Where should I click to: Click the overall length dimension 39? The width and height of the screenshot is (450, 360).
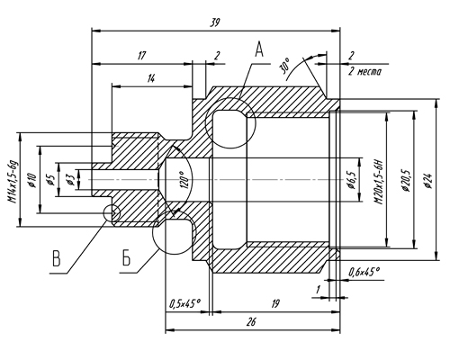click(215, 22)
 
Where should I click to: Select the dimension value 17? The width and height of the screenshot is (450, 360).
click(141, 56)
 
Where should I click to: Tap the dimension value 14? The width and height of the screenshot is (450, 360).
click(151, 78)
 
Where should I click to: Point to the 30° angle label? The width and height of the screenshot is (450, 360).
click(285, 66)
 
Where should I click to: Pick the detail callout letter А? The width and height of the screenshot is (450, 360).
click(259, 49)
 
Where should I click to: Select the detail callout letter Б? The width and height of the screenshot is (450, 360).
click(126, 257)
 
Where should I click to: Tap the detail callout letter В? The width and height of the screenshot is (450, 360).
click(57, 258)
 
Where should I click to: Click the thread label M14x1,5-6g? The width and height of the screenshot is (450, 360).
click(13, 182)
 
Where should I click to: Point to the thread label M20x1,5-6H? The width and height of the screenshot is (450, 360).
click(380, 182)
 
